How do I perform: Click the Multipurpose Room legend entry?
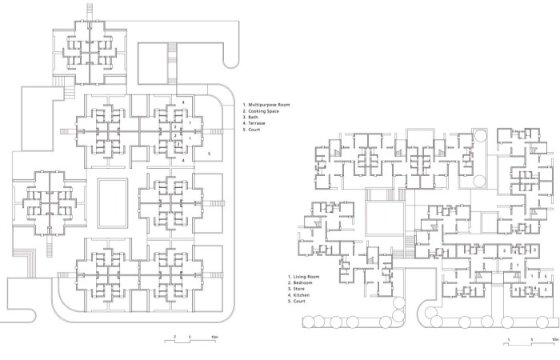(266, 105)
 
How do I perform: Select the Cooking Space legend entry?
(261, 111)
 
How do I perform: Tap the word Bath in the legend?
(250, 117)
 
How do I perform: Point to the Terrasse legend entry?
(254, 123)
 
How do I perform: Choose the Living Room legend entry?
(303, 277)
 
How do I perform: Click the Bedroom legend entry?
(300, 283)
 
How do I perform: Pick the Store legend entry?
(297, 289)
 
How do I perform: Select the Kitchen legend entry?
(298, 295)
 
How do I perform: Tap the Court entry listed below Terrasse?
(251, 130)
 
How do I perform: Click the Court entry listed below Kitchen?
(297, 301)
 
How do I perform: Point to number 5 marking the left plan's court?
(210, 154)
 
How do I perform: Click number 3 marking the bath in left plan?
(178, 144)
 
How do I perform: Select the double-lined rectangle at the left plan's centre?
(113, 203)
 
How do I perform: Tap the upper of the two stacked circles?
(480, 136)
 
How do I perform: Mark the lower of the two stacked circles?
(480, 182)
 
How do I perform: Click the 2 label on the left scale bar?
(175, 337)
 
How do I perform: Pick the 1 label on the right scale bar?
(509, 339)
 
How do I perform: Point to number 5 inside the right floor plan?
(546, 276)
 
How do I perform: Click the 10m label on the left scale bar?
(214, 337)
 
